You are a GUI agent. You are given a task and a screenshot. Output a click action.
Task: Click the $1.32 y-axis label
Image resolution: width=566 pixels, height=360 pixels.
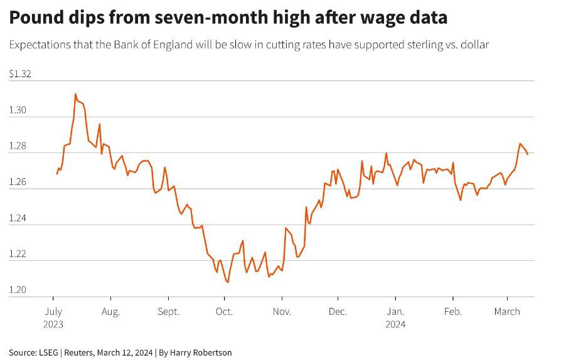coord(20,74)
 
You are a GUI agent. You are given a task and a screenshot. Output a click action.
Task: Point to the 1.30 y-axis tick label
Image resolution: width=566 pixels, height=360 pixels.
coord(18,110)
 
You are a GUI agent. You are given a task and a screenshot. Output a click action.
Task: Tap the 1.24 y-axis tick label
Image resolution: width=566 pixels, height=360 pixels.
coord(18,218)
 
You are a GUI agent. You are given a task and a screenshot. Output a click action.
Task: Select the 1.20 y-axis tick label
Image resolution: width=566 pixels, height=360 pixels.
coord(18,290)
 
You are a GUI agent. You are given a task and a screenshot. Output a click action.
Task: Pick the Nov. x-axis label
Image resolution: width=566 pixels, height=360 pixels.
coord(282,312)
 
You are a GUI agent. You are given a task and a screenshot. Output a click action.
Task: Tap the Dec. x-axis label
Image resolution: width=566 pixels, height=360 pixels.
coord(338,312)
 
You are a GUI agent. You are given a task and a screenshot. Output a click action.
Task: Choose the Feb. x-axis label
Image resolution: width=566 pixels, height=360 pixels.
coord(452,312)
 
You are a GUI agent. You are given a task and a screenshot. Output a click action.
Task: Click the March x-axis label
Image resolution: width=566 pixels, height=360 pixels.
coord(506,312)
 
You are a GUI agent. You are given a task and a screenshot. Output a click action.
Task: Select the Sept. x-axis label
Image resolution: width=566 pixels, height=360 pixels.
coord(168,312)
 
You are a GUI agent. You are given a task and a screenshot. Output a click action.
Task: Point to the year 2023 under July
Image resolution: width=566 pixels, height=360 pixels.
coord(53,324)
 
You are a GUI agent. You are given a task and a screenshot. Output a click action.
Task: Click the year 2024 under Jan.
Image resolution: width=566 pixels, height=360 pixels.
coord(395,324)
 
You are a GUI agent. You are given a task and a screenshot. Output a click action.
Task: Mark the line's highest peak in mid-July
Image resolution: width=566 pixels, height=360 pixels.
coord(75,94)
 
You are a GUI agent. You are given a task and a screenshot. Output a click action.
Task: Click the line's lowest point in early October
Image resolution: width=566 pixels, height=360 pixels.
coord(227,282)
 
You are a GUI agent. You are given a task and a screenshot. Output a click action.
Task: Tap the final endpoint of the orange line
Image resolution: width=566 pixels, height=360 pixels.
coord(528,154)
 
